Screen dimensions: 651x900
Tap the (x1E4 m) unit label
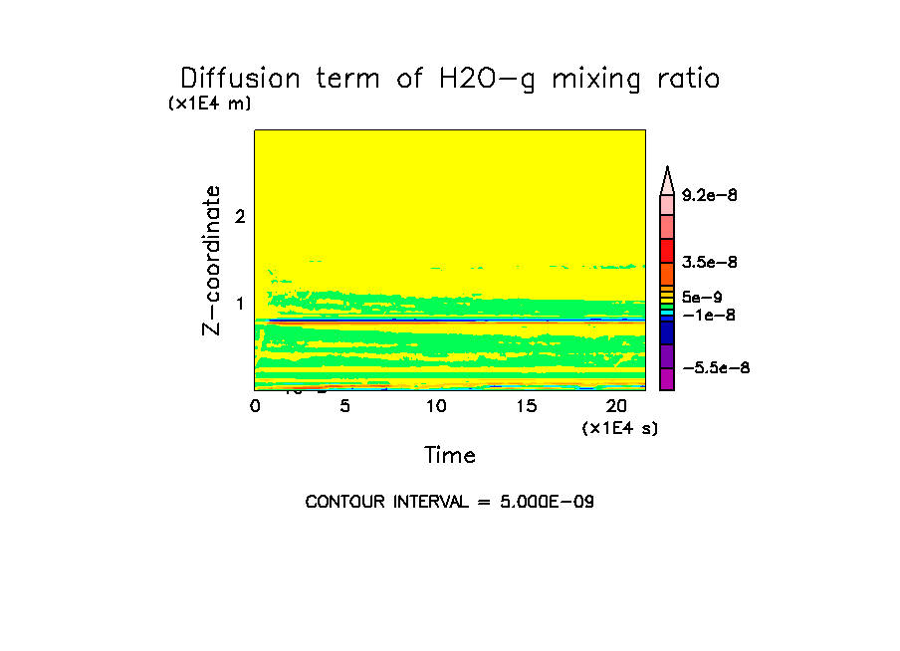point(209,104)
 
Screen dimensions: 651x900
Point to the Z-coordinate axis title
point(211,259)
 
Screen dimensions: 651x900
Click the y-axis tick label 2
point(239,217)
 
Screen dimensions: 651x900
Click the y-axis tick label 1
point(239,303)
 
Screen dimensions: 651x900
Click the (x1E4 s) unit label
point(619,428)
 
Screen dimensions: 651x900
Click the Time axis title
point(450,456)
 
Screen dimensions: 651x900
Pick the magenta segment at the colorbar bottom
point(667,379)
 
